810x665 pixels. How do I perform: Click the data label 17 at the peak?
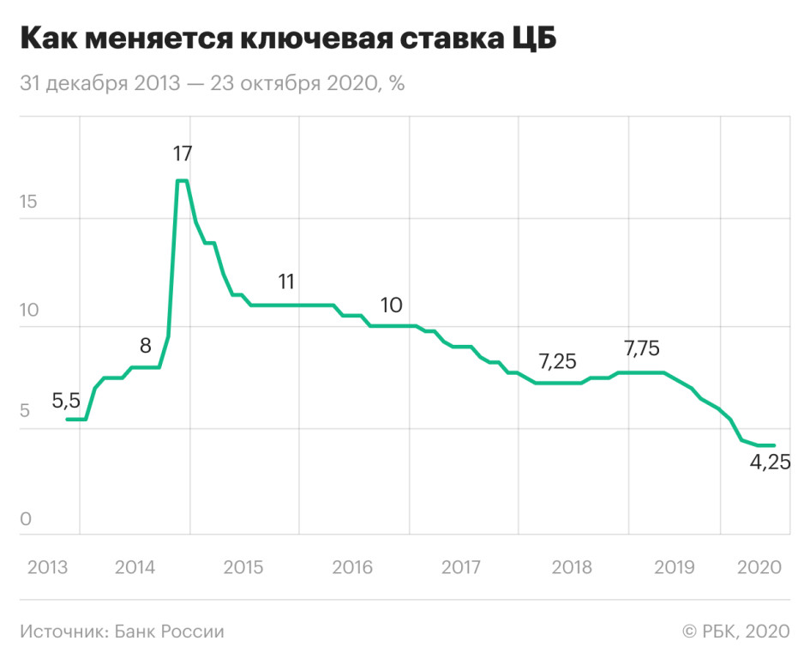[x=182, y=154]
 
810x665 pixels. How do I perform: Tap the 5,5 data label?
[x=66, y=400]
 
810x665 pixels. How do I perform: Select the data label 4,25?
[x=771, y=462]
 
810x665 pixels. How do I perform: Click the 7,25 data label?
[x=558, y=361]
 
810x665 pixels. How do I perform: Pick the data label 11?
[x=286, y=281]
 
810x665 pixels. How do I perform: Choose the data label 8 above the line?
[x=145, y=347]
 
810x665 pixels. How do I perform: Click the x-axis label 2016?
[x=353, y=567]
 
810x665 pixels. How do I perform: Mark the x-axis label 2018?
[x=573, y=567]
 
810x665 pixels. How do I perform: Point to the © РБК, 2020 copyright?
[x=735, y=632]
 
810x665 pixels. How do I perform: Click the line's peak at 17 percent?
[x=182, y=181]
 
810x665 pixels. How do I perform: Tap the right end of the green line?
[x=774, y=445]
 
